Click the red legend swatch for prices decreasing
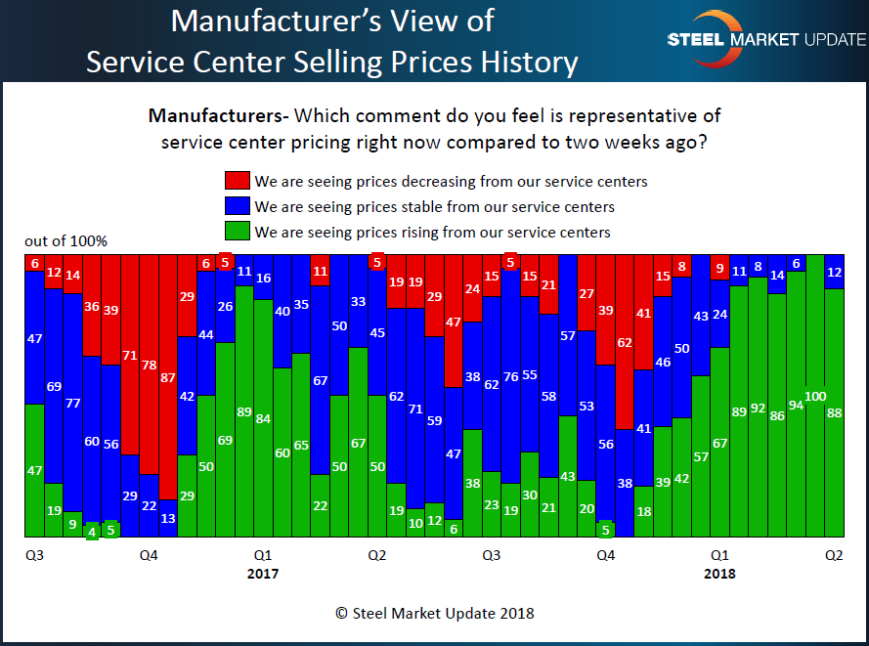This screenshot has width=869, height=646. (x=237, y=181)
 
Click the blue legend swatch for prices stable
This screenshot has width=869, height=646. (x=237, y=206)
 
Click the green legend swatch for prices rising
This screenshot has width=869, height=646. (x=237, y=232)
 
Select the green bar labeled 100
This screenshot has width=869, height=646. (x=815, y=396)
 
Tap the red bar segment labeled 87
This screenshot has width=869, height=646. (x=167, y=376)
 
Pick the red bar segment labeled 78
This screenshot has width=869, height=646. (x=149, y=364)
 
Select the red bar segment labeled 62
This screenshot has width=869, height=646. (x=624, y=341)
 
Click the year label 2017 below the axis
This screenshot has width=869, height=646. (x=262, y=574)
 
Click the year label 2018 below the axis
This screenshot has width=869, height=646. (x=719, y=574)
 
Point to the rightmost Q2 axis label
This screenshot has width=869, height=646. (x=834, y=555)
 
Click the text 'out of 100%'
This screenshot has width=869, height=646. (x=66, y=241)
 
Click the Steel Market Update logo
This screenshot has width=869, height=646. (x=765, y=39)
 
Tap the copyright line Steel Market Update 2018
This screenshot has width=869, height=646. (x=434, y=613)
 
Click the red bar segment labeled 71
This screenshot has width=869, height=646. (x=129, y=356)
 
